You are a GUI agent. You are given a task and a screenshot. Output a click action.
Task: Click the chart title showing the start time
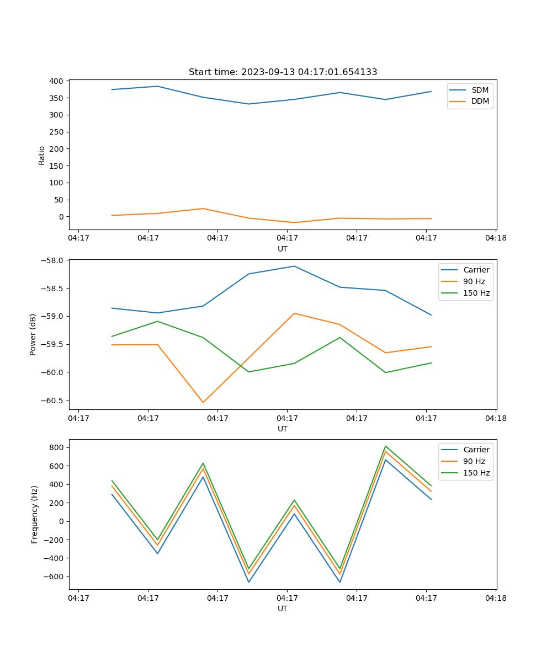pos(283,72)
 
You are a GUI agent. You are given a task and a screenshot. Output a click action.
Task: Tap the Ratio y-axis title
pos(41,155)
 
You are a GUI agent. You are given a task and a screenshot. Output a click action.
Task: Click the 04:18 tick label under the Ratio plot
pos(496,238)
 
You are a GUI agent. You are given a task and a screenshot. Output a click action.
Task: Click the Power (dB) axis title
pos(33,334)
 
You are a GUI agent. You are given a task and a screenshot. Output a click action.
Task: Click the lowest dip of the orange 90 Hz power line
pos(203,402)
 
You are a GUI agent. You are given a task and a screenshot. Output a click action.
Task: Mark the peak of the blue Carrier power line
pos(294,266)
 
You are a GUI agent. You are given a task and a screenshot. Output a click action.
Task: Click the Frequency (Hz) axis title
pos(34,514)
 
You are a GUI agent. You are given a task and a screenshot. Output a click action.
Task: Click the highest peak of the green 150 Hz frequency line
pos(385,446)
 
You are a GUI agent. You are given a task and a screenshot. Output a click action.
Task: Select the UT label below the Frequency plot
pos(283,608)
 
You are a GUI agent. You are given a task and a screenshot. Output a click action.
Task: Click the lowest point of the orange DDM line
pos(294,222)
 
